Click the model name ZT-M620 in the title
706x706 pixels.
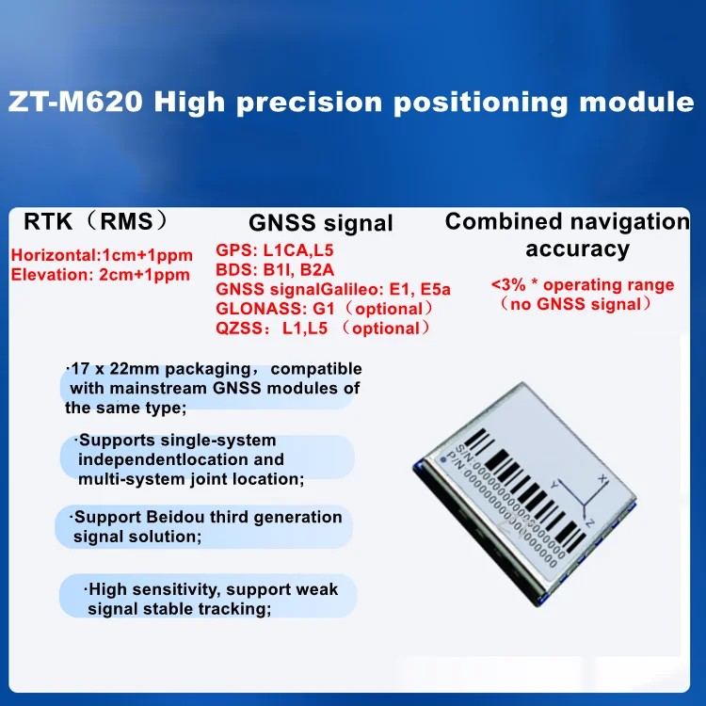pyautogui.click(x=75, y=102)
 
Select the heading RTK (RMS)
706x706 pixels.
pyautogui.click(x=95, y=221)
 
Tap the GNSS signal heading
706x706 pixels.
pyautogui.click(x=321, y=223)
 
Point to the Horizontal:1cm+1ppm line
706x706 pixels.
pyautogui.click(x=102, y=255)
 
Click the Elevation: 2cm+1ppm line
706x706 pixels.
pyautogui.click(x=101, y=275)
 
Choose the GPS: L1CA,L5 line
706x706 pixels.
pyautogui.click(x=275, y=250)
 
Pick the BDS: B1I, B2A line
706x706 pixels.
pyautogui.click(x=275, y=270)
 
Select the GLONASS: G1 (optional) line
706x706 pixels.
pyautogui.click(x=324, y=309)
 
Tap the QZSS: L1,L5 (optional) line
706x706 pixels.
pyautogui.click(x=323, y=329)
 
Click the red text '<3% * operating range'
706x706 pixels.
pyautogui.click(x=583, y=285)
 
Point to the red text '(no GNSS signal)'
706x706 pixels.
pyautogui.click(x=576, y=304)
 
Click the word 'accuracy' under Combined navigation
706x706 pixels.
pyautogui.click(x=577, y=249)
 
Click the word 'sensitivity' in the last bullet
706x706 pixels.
pyautogui.click(x=175, y=589)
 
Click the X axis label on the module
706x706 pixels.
pyautogui.click(x=603, y=478)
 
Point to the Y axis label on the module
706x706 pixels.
pyautogui.click(x=554, y=485)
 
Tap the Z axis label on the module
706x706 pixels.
pyautogui.click(x=589, y=522)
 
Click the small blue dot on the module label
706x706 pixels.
pyautogui.click(x=443, y=459)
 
